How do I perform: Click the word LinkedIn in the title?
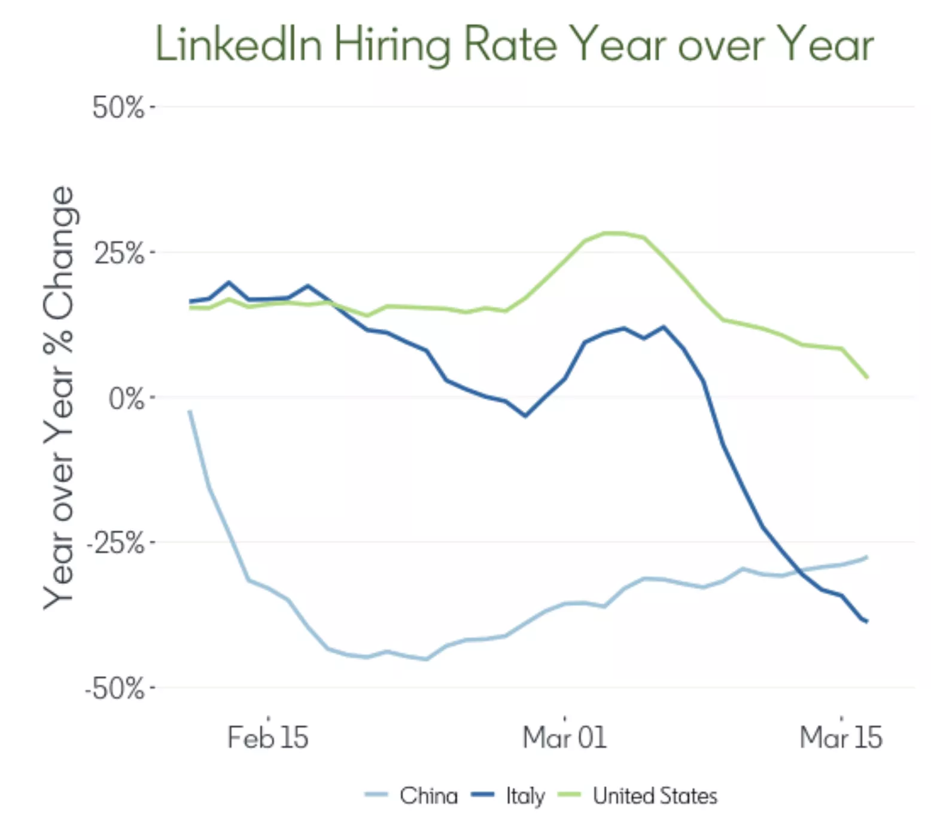[x=239, y=44]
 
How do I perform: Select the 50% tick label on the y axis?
[x=118, y=108]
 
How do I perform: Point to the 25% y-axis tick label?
[x=120, y=253]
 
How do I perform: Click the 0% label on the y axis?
[x=126, y=399]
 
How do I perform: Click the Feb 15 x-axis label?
[x=267, y=738]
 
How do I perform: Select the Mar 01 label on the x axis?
[x=564, y=738]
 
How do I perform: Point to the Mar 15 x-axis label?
[x=841, y=738]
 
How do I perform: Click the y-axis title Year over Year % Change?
[x=59, y=398]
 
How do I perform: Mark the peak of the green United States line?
[x=613, y=233]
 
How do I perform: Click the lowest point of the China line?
[x=426, y=659]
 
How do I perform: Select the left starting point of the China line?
[x=190, y=411]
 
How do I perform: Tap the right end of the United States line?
[x=867, y=377]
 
